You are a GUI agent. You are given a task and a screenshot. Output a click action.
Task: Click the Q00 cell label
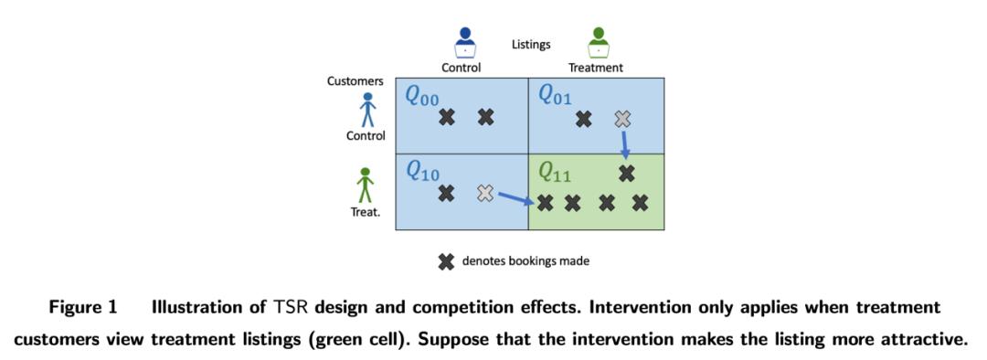click(x=422, y=100)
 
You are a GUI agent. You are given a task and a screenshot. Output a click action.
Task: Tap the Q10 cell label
click(x=422, y=171)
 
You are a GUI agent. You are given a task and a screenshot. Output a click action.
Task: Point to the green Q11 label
click(x=556, y=172)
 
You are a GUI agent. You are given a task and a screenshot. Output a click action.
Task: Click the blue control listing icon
click(x=465, y=42)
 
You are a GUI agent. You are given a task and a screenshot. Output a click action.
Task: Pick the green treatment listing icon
click(x=598, y=42)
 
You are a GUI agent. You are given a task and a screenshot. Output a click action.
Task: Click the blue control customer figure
click(x=367, y=110)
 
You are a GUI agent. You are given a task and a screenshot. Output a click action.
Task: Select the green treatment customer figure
click(x=365, y=185)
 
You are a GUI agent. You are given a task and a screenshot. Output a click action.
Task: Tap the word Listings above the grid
click(x=531, y=45)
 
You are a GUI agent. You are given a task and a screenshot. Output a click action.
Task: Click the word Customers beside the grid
click(x=355, y=81)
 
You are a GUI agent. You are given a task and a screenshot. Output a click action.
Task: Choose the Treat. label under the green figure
click(x=366, y=212)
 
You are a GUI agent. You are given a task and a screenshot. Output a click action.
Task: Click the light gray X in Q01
click(x=622, y=118)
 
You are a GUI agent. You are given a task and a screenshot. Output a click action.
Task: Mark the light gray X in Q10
click(x=484, y=193)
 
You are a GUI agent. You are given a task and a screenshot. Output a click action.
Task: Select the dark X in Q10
click(x=446, y=194)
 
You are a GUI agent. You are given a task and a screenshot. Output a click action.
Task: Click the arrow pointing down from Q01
click(x=624, y=144)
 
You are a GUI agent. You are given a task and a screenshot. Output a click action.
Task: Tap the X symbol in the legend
click(x=446, y=261)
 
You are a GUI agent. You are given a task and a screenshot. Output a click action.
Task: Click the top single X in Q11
click(x=626, y=173)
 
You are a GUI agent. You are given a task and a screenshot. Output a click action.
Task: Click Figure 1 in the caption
click(x=84, y=309)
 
